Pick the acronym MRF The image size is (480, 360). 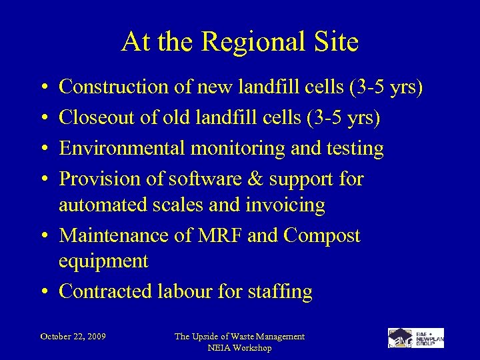tap(219, 236)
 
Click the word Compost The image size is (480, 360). tap(322, 236)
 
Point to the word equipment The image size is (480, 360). tap(103, 261)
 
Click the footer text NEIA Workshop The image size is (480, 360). tap(239, 348)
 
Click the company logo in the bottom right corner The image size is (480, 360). tap(416, 338)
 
